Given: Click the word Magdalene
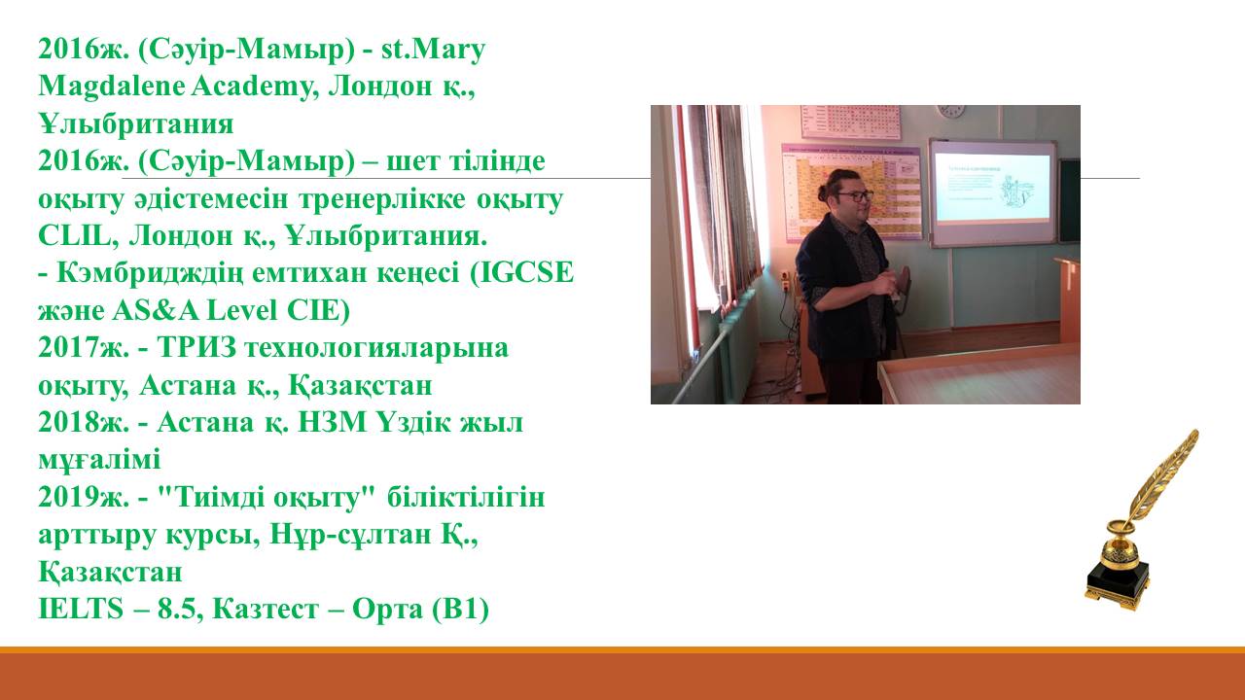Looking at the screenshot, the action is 111,87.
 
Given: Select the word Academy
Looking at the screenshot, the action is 255,87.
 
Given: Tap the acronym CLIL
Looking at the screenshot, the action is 74,235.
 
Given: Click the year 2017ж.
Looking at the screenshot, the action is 84,348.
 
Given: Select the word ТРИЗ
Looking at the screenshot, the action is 197,348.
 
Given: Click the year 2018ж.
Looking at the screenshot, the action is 84,423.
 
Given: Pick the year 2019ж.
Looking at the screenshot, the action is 84,497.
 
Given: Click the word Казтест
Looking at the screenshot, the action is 266,609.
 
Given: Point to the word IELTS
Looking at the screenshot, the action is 81,609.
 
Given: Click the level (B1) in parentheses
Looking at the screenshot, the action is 460,609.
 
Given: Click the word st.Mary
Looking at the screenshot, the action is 433,50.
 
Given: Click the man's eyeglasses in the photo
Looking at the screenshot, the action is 855,195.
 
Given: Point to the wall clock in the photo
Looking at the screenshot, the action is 951,111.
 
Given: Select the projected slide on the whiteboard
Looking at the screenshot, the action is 993,187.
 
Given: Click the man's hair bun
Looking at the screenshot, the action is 824,192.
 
